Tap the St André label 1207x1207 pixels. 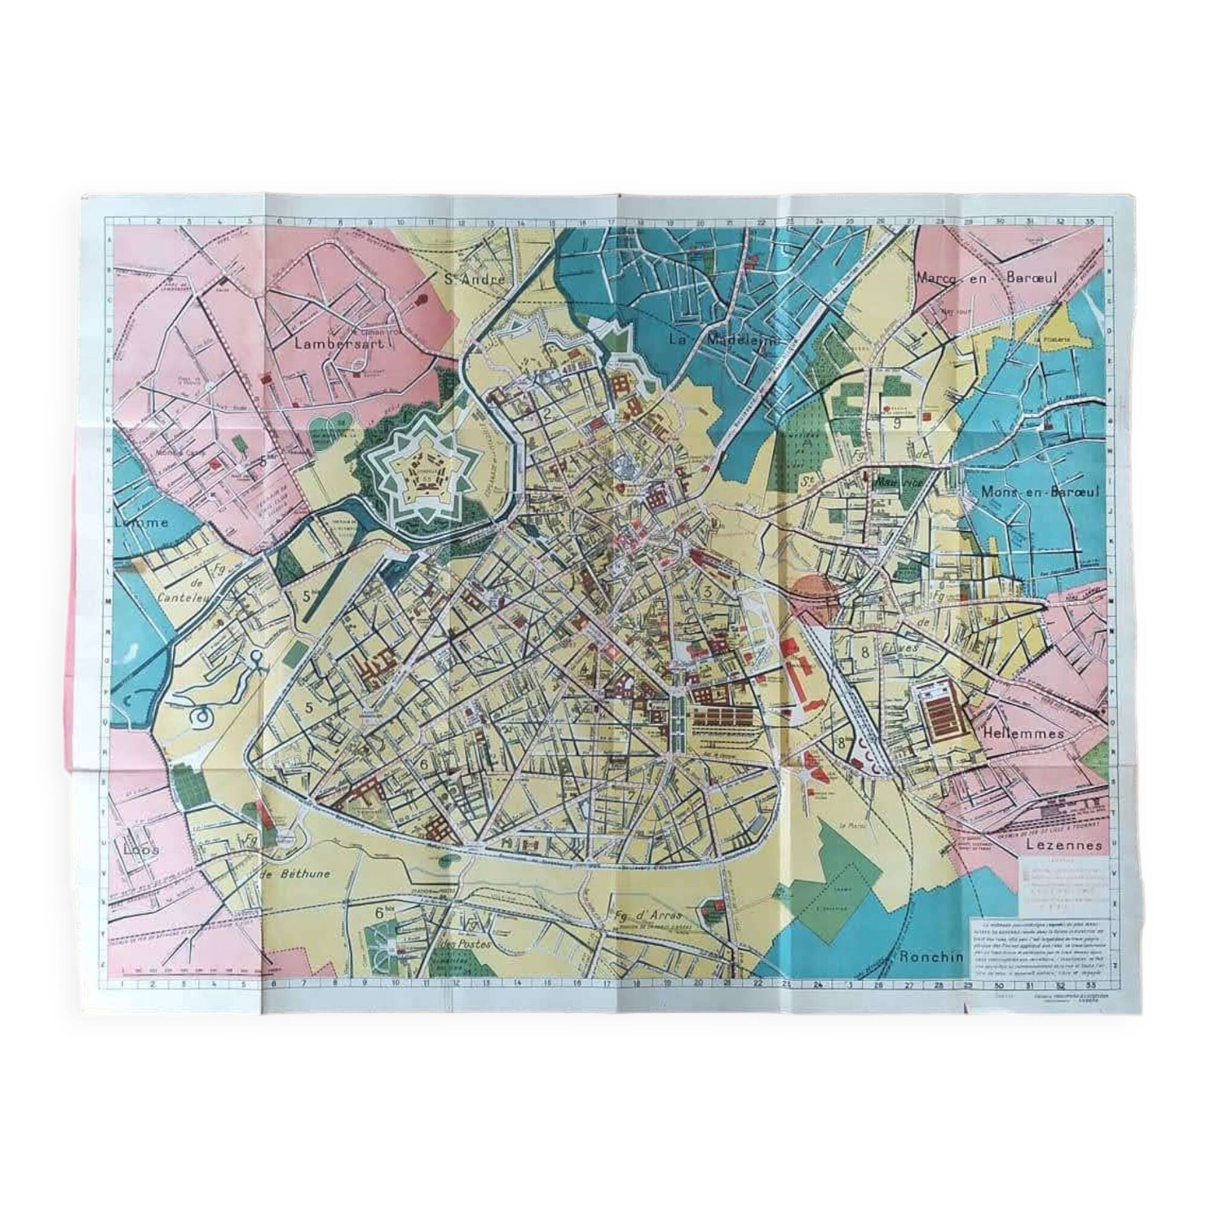pos(473,279)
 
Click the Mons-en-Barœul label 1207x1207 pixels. pos(1040,492)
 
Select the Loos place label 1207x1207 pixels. pos(141,850)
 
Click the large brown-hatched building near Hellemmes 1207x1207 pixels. pos(943,707)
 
